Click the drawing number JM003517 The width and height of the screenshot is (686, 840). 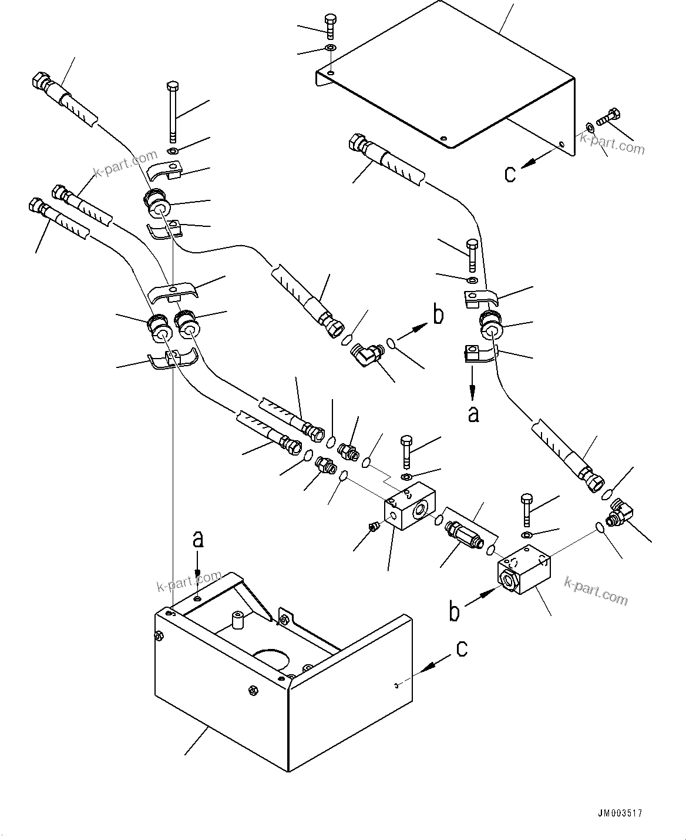coord(620,814)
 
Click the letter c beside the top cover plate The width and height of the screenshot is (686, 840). coord(510,173)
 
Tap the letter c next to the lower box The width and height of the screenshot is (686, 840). coord(462,648)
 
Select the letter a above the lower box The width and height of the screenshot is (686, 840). coord(199,538)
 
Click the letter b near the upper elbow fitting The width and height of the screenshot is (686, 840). coord(438,315)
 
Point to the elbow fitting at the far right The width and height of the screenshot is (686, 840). coord(618,511)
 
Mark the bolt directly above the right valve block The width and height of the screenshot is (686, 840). coord(526,510)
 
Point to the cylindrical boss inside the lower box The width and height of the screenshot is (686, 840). coord(237,621)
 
